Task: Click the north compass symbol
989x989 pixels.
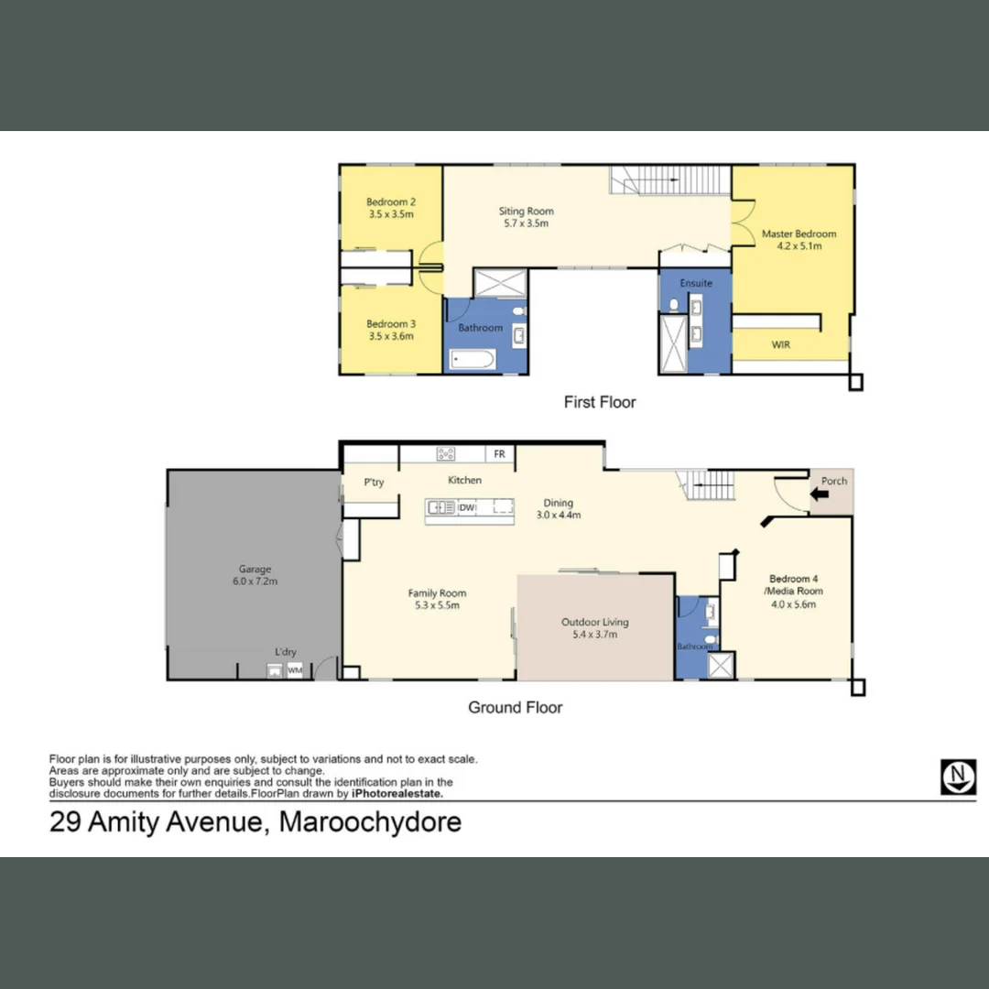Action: coord(958,777)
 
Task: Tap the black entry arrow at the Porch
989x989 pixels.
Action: coord(821,494)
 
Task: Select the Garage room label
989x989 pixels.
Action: coord(255,569)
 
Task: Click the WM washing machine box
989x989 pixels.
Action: coord(294,670)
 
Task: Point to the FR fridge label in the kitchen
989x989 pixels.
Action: coord(499,453)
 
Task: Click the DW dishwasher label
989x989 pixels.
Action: coord(466,506)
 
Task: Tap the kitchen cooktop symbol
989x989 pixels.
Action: coord(446,453)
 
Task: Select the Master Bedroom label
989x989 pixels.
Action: coord(799,234)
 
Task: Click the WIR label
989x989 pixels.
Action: coord(781,345)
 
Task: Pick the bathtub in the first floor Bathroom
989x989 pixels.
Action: coord(473,358)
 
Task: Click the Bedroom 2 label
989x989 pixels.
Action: coord(391,202)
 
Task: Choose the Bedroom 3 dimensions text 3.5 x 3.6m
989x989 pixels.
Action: coord(391,336)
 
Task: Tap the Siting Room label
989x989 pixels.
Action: coord(527,212)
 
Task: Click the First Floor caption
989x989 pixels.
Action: coord(599,402)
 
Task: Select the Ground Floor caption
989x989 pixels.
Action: coord(515,707)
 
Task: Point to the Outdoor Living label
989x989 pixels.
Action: coord(594,622)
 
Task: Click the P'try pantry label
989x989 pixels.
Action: coord(374,483)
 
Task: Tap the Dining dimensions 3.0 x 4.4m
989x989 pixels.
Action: coord(558,515)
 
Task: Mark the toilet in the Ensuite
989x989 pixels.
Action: coord(674,305)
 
